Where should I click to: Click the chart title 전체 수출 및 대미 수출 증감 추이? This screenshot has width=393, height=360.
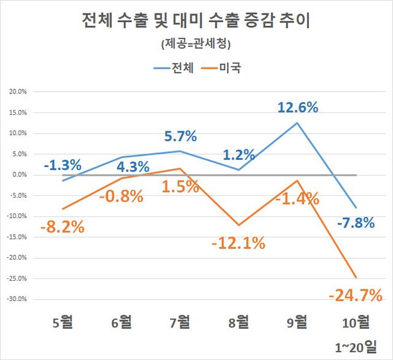point(196,22)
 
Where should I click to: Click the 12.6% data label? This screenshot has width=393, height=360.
point(298,108)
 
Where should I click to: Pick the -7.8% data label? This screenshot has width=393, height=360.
point(356,222)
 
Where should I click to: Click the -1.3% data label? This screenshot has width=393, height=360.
point(63,165)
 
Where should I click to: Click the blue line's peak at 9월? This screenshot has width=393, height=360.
point(297,123)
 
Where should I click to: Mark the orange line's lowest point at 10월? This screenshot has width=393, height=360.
point(356,277)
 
